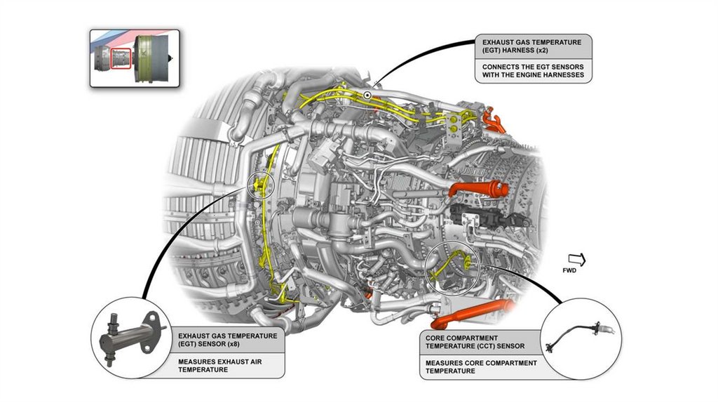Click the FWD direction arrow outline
(577, 260)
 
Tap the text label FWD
(569, 271)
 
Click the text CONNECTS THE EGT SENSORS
(533, 66)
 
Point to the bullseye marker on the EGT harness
(367, 95)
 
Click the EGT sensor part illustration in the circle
(129, 336)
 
